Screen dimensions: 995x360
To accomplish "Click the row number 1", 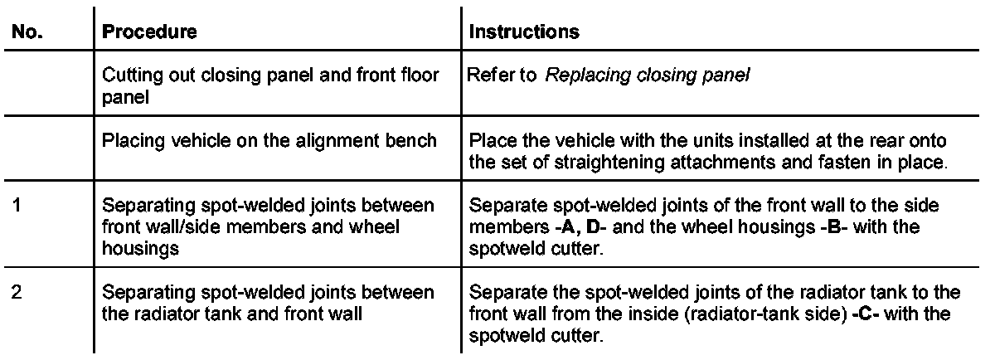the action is [x=19, y=203].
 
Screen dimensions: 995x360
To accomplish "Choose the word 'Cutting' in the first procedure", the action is [x=125, y=75].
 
